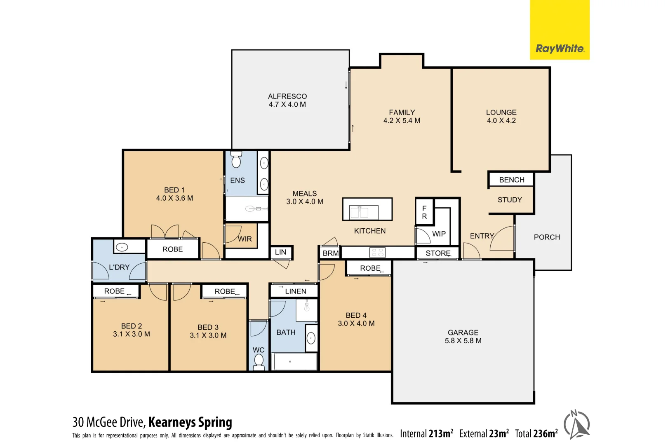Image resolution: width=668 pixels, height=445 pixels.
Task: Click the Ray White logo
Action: (559, 49)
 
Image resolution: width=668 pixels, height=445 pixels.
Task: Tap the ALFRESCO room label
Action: (287, 96)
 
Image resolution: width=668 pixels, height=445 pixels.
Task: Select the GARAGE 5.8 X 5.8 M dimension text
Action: (463, 341)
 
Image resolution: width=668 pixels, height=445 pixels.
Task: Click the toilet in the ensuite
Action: (236, 160)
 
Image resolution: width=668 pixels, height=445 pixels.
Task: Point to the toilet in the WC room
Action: (259, 361)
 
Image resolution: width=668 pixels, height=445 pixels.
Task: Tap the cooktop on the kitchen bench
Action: (377, 252)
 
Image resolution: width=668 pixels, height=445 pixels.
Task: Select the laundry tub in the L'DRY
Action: (122, 247)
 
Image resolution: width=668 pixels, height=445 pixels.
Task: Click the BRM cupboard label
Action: (330, 253)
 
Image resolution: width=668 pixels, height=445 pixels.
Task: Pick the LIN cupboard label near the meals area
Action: (280, 252)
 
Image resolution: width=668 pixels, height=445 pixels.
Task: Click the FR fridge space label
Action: (424, 212)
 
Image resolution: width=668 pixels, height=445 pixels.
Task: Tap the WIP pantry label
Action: (439, 234)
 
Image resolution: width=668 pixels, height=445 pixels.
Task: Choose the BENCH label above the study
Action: (511, 180)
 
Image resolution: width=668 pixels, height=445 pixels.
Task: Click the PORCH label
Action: (547, 237)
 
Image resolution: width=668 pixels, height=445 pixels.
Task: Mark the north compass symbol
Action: (577, 424)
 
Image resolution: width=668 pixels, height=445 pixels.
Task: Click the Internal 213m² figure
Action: (426, 433)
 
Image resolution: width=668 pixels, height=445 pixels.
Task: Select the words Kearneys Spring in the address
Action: (190, 422)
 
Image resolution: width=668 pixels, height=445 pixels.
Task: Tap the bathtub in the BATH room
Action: (295, 362)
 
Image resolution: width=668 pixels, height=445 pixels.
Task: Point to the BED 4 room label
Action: (356, 315)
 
